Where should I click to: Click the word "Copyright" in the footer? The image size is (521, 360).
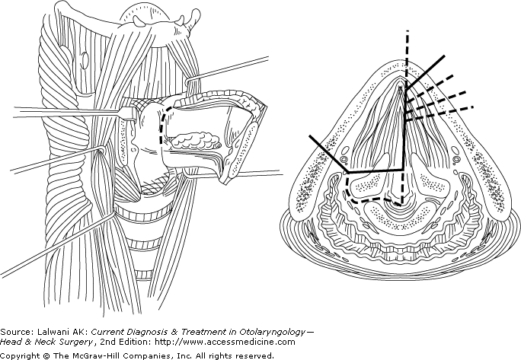(x=21, y=355)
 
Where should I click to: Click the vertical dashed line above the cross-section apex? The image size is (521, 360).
(x=408, y=53)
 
